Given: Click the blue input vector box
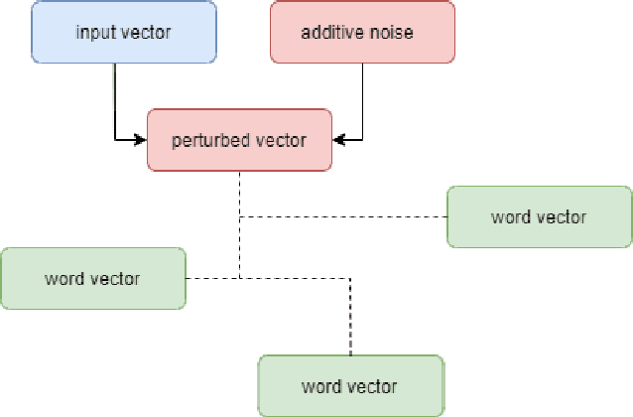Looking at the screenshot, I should point(124,32).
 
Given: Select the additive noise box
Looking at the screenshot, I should point(362,32).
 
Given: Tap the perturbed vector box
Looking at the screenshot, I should point(238,140).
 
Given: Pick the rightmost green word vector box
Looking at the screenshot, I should point(539,216).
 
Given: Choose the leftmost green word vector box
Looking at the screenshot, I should point(92,278).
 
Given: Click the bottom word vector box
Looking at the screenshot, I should point(349,385).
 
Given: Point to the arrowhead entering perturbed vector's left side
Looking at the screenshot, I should point(141,140).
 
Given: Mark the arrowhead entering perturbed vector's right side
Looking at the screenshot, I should point(337,140).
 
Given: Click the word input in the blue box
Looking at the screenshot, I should point(94,32).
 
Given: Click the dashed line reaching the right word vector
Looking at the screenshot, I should point(347,216).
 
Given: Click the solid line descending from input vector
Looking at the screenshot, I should point(116,99).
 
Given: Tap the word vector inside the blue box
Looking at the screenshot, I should point(146,32).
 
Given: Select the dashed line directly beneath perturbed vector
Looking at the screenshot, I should point(239,194).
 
